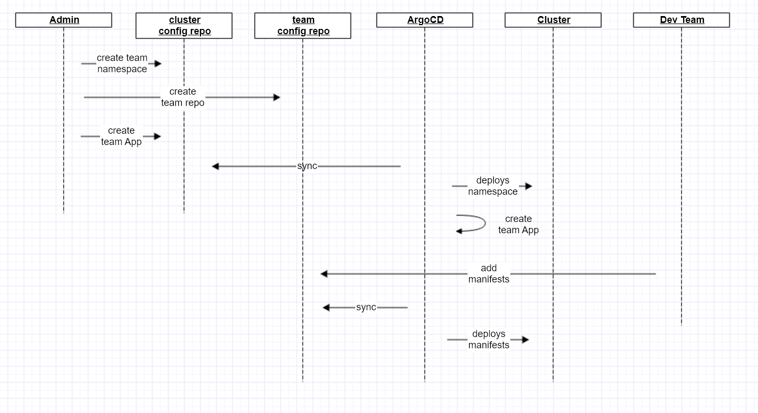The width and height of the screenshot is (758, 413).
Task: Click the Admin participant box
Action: (64, 20)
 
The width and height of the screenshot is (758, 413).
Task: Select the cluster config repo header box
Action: (184, 26)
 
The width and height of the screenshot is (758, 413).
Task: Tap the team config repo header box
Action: (303, 26)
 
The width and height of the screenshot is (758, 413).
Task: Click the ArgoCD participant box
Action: (425, 20)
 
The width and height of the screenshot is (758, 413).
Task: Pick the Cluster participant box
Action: (553, 20)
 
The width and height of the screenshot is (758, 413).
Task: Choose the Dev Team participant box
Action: (682, 20)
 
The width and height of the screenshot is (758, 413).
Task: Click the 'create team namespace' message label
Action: (122, 64)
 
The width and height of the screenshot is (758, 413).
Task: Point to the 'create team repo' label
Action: (182, 97)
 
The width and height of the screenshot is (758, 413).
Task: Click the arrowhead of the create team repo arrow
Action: (277, 97)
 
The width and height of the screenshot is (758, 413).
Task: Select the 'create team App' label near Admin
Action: (121, 136)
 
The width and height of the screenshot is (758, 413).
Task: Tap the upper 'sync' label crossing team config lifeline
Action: (307, 166)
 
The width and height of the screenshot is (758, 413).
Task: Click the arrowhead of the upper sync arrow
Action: (216, 166)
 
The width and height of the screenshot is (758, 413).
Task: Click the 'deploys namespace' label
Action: (493, 186)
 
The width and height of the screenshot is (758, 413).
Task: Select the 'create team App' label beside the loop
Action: (518, 225)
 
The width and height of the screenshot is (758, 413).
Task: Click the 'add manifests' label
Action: (488, 274)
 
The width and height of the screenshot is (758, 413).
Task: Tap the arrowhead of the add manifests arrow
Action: (324, 274)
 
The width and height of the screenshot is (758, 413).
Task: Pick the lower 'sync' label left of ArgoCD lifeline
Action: (366, 308)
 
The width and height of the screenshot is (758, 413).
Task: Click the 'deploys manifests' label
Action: (488, 340)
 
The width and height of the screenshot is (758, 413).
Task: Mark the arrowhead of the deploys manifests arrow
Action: (525, 340)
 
